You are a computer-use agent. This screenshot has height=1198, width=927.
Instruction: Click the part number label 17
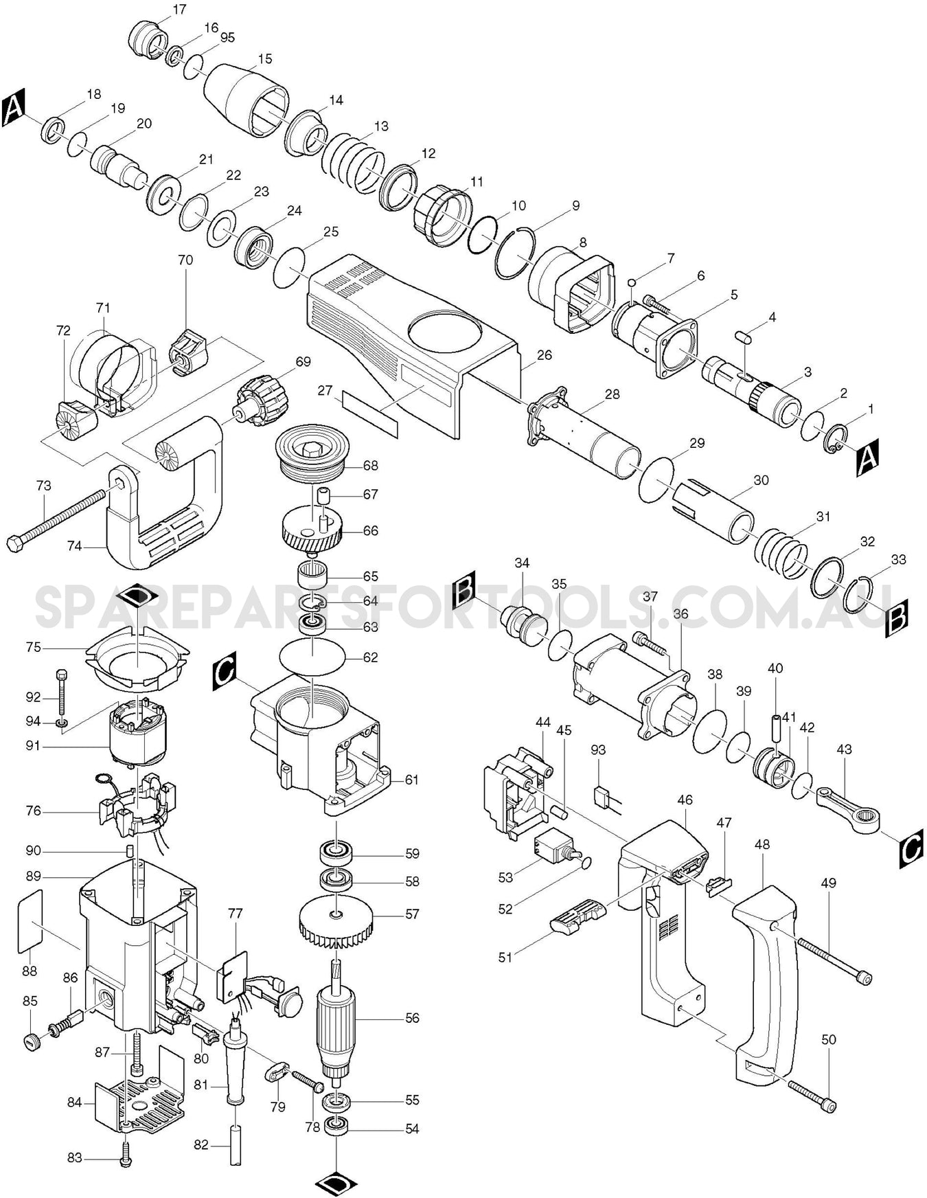tap(179, 10)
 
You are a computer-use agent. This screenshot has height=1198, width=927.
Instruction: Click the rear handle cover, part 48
tap(763, 996)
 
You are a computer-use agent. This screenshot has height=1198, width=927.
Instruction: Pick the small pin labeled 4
tap(744, 336)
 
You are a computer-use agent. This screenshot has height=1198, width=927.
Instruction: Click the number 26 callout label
tap(544, 355)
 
